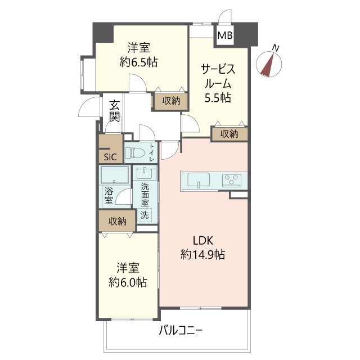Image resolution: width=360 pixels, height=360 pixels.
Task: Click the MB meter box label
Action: click(x=225, y=37)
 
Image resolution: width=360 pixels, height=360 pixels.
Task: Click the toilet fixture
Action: click(x=135, y=152)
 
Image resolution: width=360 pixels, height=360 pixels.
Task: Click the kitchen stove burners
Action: click(x=231, y=181)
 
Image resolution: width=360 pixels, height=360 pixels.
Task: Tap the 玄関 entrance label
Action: click(x=115, y=111)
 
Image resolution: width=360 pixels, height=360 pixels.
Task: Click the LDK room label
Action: click(x=203, y=240)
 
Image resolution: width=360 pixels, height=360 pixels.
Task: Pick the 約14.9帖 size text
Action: click(x=203, y=254)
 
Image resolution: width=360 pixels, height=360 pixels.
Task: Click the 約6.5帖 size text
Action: click(x=138, y=62)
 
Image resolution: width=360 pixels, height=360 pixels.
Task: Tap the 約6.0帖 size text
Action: click(x=128, y=282)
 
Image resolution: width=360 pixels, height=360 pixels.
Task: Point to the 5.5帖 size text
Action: click(x=217, y=97)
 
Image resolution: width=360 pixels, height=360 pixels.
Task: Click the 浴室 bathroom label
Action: click(x=108, y=195)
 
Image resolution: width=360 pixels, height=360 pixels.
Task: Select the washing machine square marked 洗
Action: click(x=145, y=214)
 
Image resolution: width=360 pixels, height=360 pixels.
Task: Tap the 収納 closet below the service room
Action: click(x=229, y=134)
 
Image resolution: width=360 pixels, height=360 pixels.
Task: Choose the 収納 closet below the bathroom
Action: click(x=117, y=220)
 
